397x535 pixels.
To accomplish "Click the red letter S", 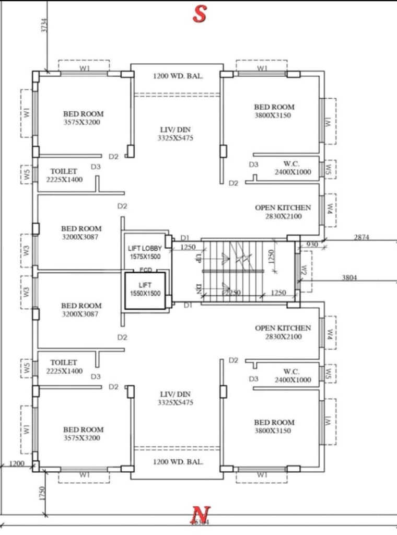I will pos(199,14).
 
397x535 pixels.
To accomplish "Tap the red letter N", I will pos(198,514).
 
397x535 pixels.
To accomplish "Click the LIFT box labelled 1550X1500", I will pos(145,289).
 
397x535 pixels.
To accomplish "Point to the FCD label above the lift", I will pos(146,270).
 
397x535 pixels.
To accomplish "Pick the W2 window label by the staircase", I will pos(304,270).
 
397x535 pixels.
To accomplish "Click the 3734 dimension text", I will pos(44,26).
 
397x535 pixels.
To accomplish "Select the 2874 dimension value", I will pos(361,237).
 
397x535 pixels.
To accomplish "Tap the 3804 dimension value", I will pos(349,278).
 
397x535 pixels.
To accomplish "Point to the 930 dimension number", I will pos(312,244).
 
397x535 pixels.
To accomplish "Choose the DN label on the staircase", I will pos(198,287).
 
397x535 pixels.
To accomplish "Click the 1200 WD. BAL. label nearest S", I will pos(178,76).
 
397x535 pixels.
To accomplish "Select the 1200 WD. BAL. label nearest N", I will pos(178,462).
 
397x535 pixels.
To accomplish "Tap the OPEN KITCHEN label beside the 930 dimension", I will pos(283,212).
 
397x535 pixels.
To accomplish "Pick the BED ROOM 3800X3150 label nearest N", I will pos(274,426).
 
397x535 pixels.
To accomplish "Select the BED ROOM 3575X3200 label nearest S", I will pos(83,118).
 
